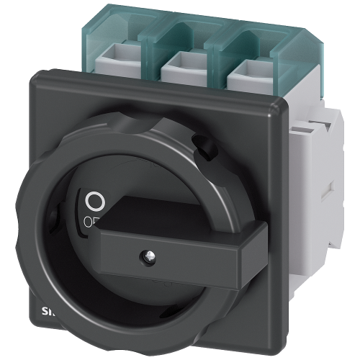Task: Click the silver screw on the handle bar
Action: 150,274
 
